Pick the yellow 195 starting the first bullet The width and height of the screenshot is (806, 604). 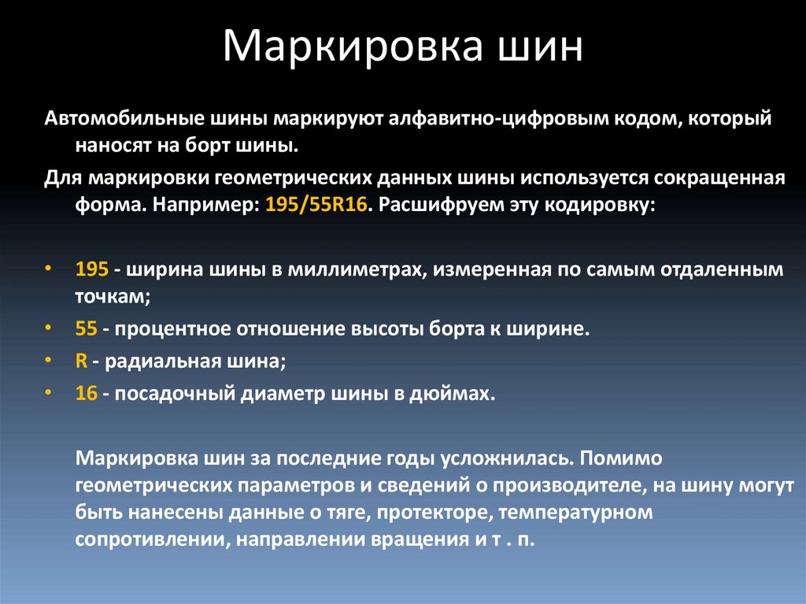(x=91, y=269)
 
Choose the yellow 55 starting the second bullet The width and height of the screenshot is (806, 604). (x=86, y=327)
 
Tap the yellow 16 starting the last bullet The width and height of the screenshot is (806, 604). (x=86, y=393)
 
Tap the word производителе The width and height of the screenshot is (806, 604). (x=556, y=486)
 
